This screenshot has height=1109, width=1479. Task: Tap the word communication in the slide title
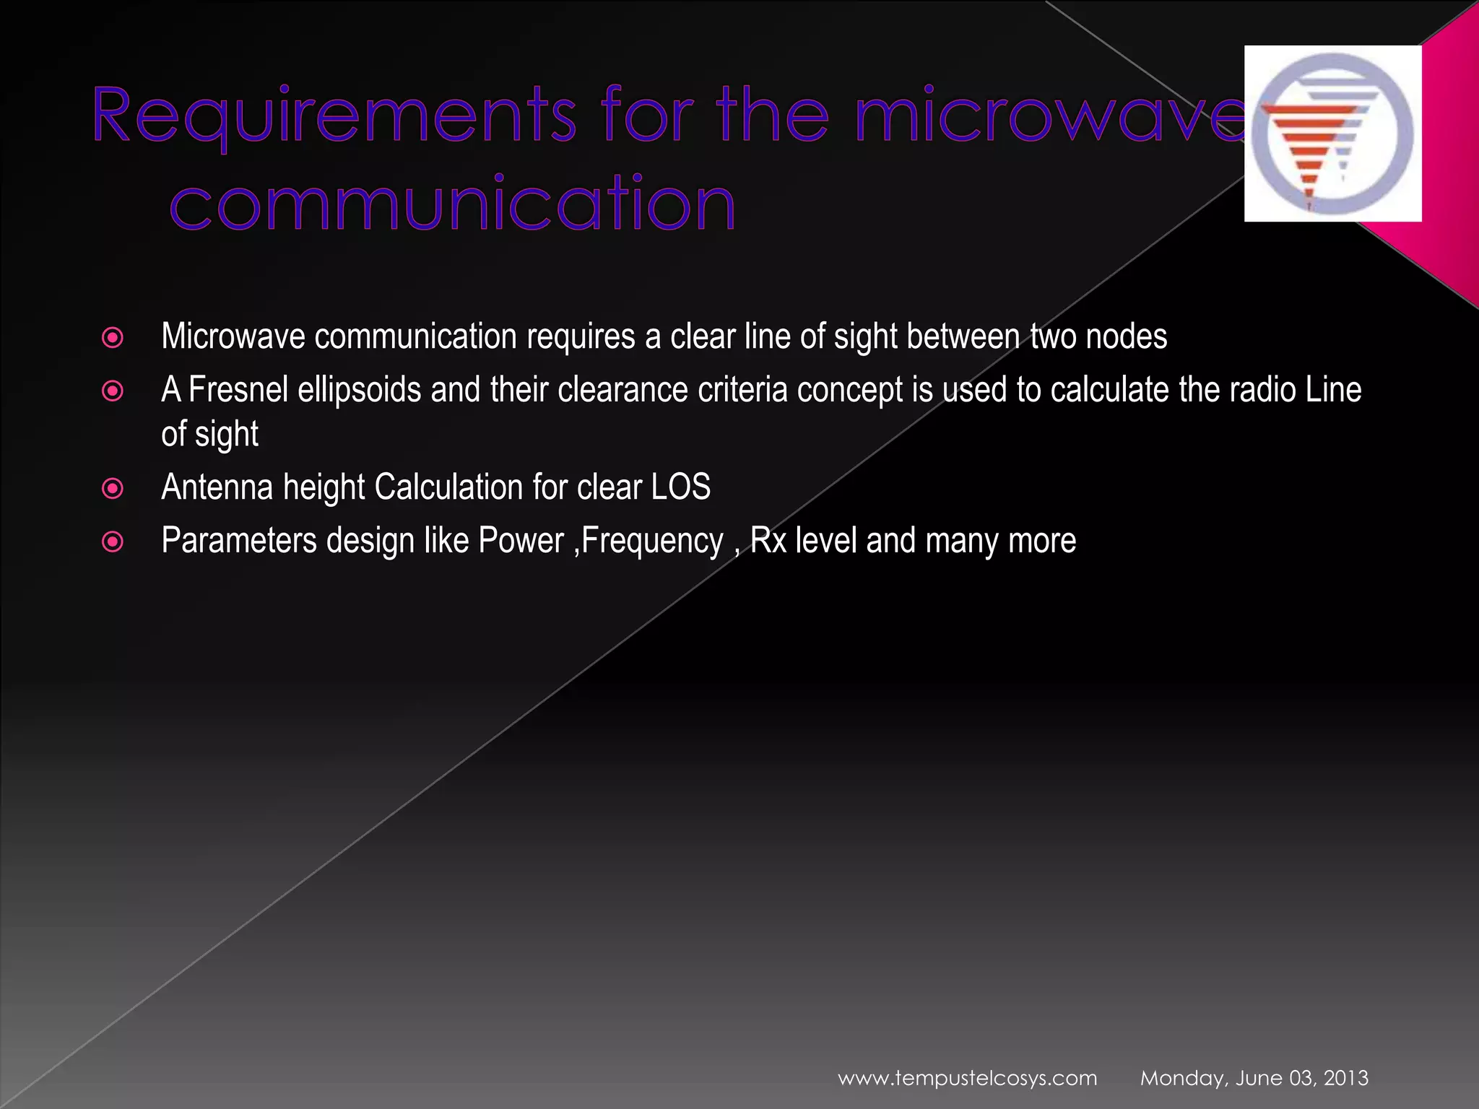click(453, 204)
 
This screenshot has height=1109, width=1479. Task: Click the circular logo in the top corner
click(1332, 134)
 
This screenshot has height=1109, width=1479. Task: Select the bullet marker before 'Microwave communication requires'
click(113, 338)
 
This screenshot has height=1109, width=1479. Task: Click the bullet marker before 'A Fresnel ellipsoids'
click(113, 391)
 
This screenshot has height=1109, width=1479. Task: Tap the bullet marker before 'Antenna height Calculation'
click(113, 489)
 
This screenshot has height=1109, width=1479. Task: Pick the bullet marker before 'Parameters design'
click(113, 542)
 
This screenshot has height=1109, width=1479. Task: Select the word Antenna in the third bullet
click(217, 487)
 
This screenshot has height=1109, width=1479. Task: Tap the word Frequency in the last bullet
click(652, 542)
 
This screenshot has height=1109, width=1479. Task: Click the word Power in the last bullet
click(521, 541)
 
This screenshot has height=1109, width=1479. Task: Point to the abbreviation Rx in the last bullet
click(768, 541)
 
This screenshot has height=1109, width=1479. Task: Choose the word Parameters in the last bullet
click(239, 541)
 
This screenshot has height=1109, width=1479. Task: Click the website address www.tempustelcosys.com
click(967, 1078)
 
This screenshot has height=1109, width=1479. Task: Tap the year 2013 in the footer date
click(1345, 1078)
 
